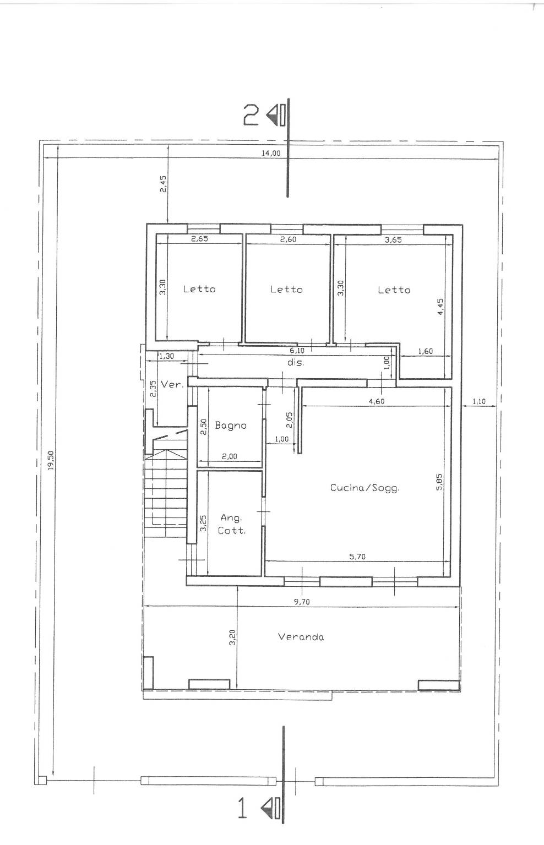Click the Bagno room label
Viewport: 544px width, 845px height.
(231, 426)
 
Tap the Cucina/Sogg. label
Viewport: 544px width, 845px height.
(365, 488)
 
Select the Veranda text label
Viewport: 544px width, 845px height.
(301, 637)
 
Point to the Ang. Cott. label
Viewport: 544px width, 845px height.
(232, 525)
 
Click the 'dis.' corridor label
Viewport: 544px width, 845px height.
(295, 363)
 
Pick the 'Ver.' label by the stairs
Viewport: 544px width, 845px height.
(172, 385)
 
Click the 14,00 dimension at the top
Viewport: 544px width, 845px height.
(271, 153)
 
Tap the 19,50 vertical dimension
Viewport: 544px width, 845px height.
(51, 460)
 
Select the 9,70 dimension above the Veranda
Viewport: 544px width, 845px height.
(302, 602)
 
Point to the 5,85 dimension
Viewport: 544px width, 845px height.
(439, 482)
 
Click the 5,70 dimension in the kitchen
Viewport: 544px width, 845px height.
(357, 557)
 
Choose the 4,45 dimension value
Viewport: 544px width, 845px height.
(440, 307)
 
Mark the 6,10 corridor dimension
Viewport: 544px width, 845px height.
(297, 351)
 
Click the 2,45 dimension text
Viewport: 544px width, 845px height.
(163, 184)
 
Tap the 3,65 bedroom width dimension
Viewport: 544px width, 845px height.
(393, 240)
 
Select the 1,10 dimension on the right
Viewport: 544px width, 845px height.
(479, 402)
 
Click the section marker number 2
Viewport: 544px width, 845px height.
(251, 115)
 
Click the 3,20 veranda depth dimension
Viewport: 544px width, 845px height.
(232, 637)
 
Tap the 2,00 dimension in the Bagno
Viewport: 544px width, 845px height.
(230, 456)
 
